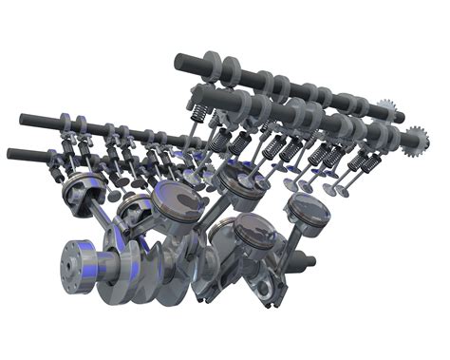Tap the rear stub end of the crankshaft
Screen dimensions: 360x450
309,258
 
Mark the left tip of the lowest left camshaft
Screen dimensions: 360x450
11,153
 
